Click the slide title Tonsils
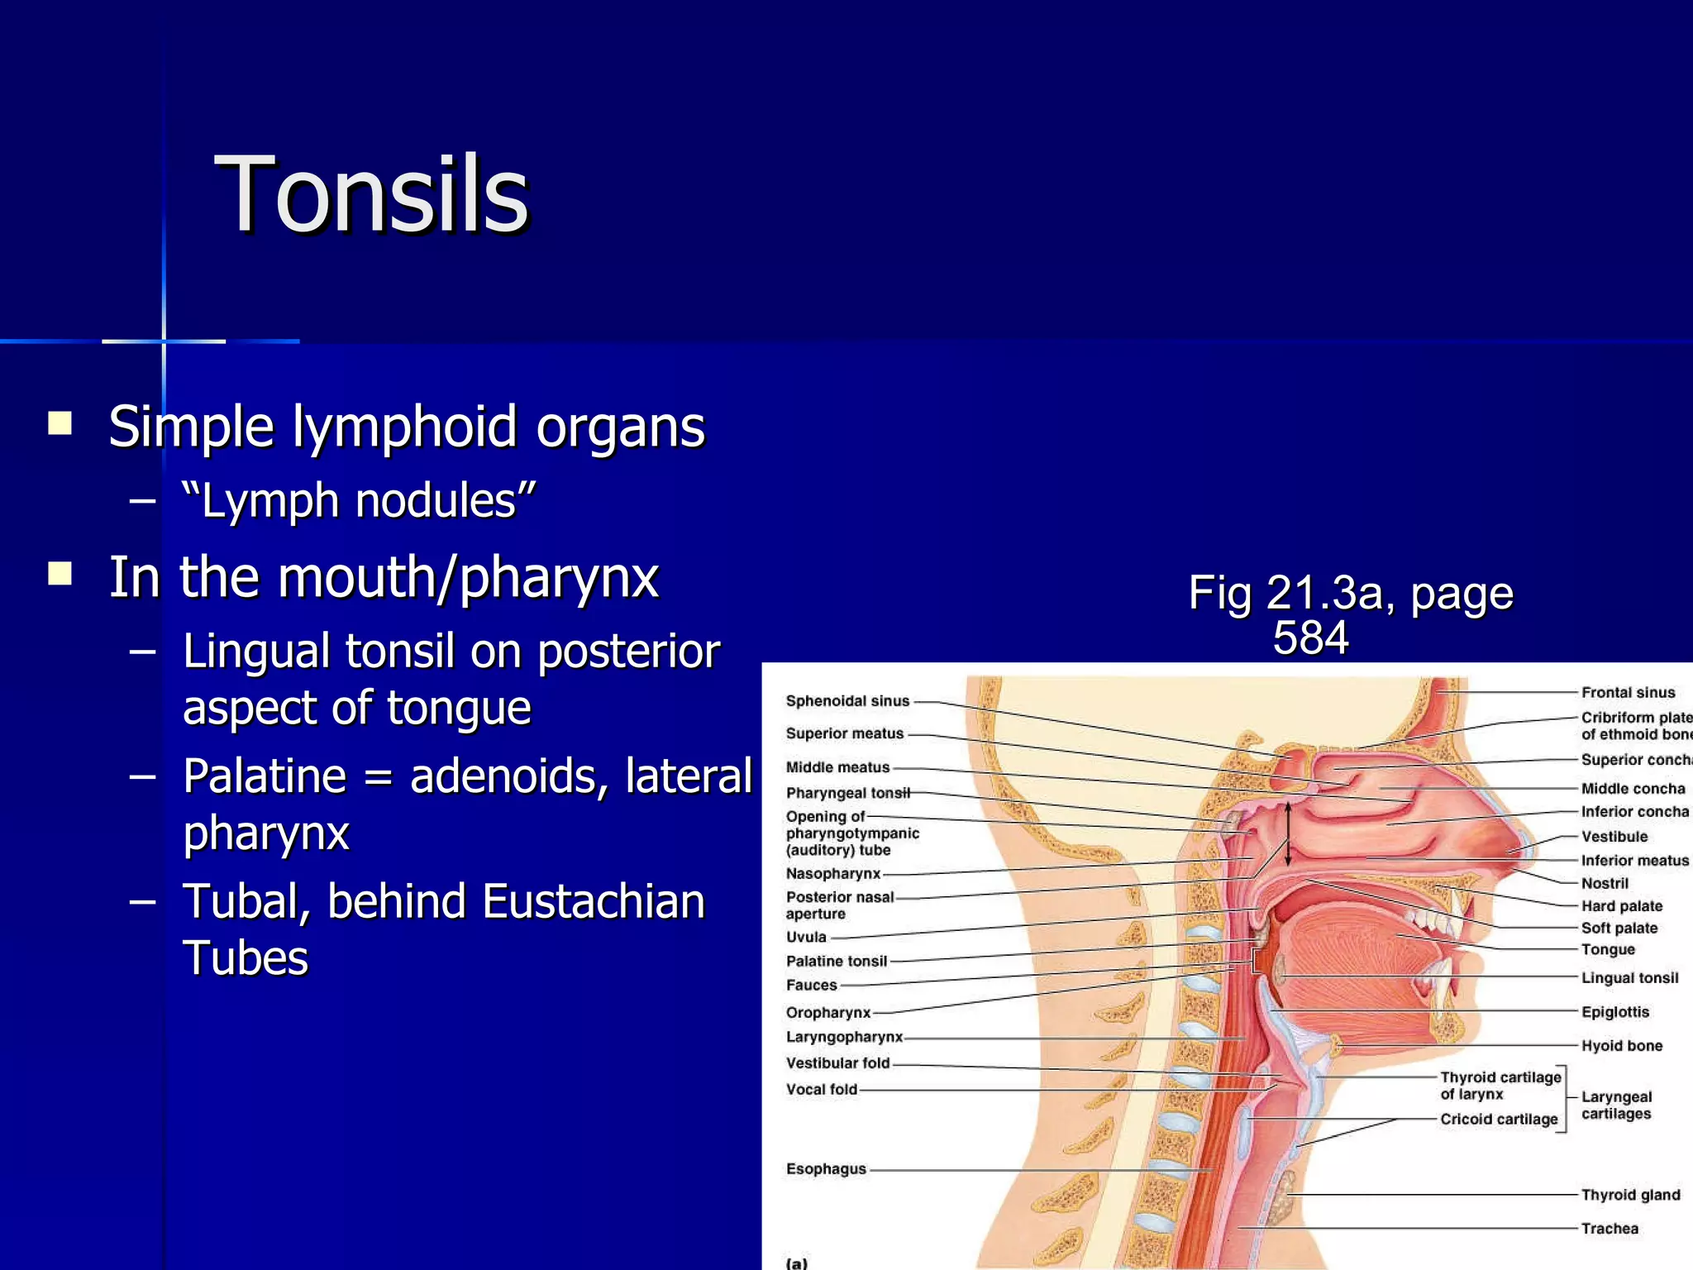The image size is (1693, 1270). pyautogui.click(x=371, y=195)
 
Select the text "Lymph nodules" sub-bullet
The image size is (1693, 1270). pyautogui.click(x=359, y=501)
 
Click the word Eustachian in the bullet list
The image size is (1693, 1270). pyautogui.click(x=593, y=901)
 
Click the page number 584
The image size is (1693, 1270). pyautogui.click(x=1310, y=637)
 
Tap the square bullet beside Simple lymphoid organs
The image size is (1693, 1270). pyautogui.click(x=60, y=424)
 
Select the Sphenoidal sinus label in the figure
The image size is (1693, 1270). pyautogui.click(x=847, y=701)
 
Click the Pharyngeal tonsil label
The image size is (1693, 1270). pyautogui.click(x=847, y=793)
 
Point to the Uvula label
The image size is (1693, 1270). pyautogui.click(x=806, y=937)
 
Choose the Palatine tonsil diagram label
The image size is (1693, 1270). pyautogui.click(x=836, y=961)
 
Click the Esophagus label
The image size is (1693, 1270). pyautogui.click(x=826, y=1169)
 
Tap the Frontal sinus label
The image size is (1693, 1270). pyautogui.click(x=1628, y=693)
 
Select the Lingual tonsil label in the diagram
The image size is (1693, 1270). pyautogui.click(x=1629, y=978)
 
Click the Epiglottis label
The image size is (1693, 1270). pyautogui.click(x=1614, y=1012)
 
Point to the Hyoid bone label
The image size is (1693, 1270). pyautogui.click(x=1622, y=1046)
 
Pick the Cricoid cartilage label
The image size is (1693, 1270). pyautogui.click(x=1499, y=1120)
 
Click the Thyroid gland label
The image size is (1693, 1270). pyautogui.click(x=1630, y=1195)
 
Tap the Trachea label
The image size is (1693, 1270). pyautogui.click(x=1610, y=1229)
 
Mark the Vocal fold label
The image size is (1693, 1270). pyautogui.click(x=822, y=1090)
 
